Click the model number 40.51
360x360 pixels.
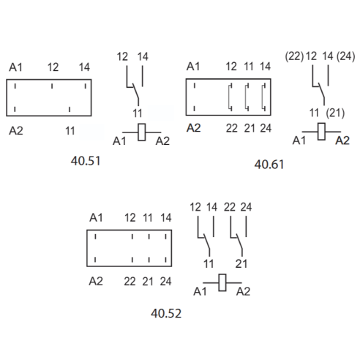[86, 161]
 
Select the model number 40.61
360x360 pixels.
[269, 165]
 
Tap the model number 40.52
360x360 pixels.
[166, 313]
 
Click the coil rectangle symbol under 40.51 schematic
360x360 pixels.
[142, 132]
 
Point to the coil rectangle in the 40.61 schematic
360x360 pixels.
[321, 132]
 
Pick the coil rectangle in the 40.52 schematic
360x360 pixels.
[222, 282]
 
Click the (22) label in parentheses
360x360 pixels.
[294, 56]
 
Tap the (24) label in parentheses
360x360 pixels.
[345, 56]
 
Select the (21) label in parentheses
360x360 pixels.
[335, 113]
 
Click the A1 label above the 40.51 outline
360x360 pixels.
[15, 67]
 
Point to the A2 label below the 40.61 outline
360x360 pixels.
[194, 128]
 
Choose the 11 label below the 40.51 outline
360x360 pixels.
[70, 131]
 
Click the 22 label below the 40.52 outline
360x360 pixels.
[130, 282]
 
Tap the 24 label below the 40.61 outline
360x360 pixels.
[266, 128]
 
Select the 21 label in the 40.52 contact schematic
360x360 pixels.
[241, 264]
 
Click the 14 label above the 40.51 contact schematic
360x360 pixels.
[143, 56]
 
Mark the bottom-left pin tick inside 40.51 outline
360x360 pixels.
[15, 109]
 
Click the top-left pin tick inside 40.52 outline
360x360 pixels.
[95, 236]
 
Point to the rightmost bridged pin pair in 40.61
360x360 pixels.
[263, 97]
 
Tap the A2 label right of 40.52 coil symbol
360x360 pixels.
[243, 291]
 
